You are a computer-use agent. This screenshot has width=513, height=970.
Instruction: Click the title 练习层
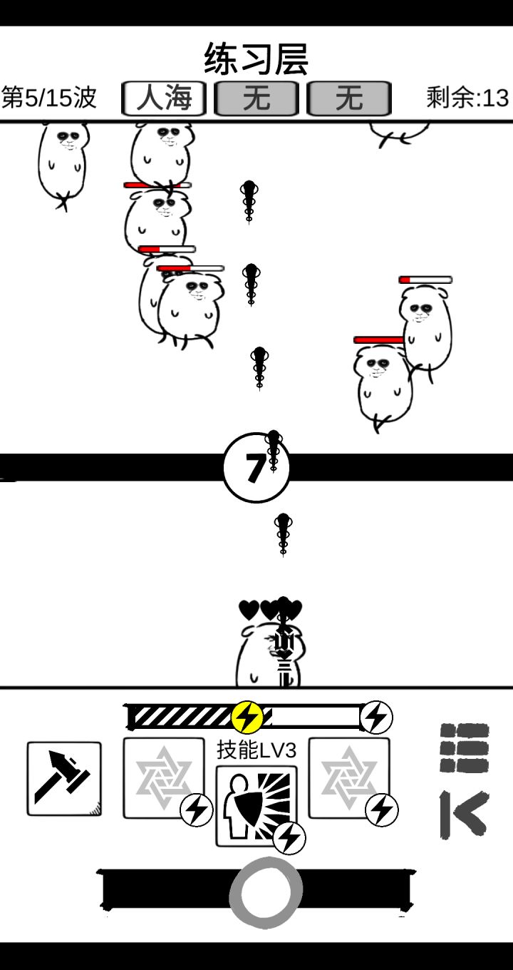coord(256,59)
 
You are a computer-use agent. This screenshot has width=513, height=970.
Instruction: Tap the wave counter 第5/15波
coord(49,98)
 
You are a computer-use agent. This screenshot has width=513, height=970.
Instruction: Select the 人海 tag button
coord(164,98)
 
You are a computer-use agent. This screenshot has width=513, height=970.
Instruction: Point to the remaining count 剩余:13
coord(467,98)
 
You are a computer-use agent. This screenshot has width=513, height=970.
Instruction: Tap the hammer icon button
coord(64,778)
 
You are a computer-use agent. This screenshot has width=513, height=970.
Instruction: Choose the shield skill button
coord(256,805)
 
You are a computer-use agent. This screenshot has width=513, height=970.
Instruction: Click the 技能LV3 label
coord(256,750)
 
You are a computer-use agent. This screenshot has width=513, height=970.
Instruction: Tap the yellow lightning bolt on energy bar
coord(247,717)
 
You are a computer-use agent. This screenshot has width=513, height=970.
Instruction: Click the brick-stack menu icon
coord(464,747)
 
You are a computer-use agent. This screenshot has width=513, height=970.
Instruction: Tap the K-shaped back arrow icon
coord(464,814)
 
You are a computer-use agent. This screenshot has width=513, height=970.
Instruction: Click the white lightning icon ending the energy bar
coord(376,717)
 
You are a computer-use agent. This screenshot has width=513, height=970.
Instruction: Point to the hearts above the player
coord(270,610)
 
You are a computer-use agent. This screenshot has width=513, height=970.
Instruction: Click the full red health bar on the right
coord(378,340)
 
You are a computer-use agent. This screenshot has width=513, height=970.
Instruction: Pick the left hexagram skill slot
coord(163,777)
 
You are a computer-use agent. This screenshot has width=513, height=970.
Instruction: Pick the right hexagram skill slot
coord(349,777)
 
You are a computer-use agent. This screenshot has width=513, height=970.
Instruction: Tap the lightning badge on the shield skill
coord(289,838)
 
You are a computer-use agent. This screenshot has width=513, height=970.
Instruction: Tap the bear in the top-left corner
coord(63,160)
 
